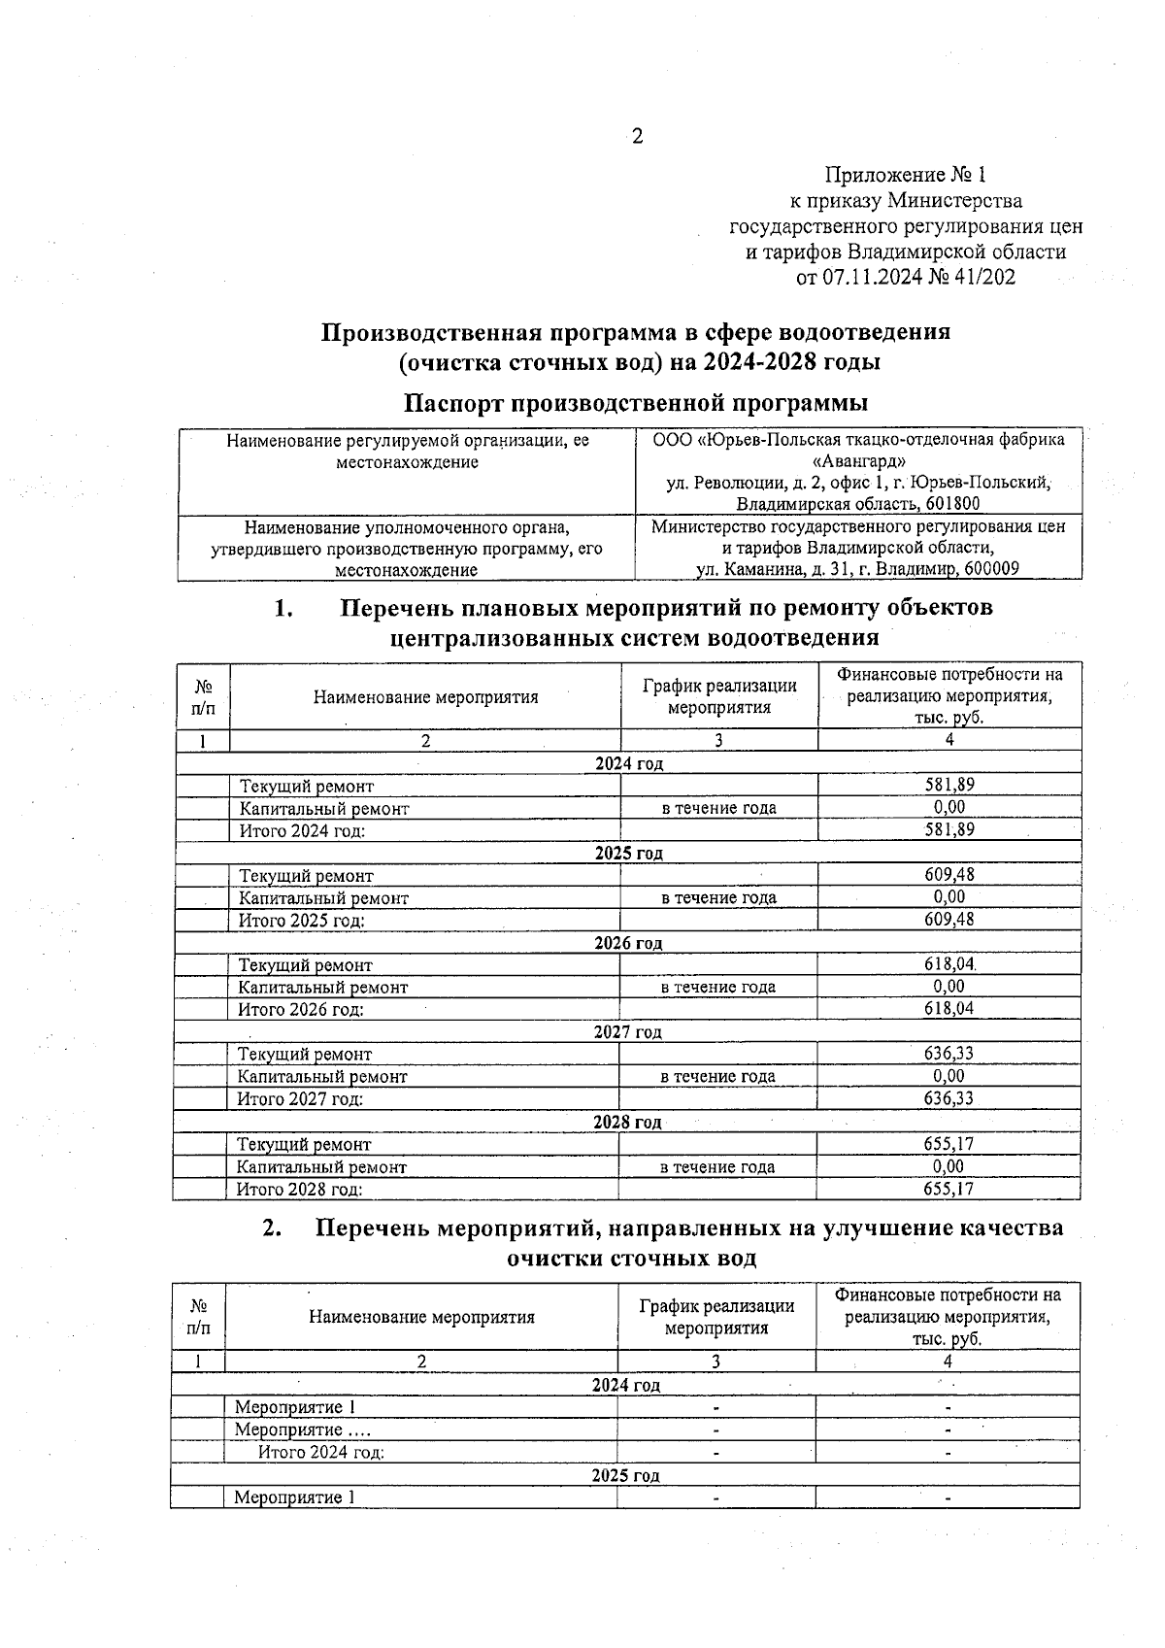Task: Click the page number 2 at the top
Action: click(x=638, y=137)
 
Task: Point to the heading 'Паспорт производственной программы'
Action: click(x=636, y=402)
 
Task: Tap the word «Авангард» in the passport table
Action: click(x=858, y=461)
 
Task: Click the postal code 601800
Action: click(x=951, y=504)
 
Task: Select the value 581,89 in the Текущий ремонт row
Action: click(x=949, y=785)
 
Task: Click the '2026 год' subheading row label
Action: click(x=628, y=943)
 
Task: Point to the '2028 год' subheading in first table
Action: click(x=627, y=1123)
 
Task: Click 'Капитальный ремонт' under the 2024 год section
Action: click(x=324, y=808)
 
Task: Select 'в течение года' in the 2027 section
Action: click(x=717, y=1076)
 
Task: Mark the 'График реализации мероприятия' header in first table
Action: click(x=719, y=696)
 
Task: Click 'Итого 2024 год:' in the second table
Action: click(x=321, y=1453)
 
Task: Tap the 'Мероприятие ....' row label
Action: click(x=302, y=1429)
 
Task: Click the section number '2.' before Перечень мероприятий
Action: click(x=273, y=1228)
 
